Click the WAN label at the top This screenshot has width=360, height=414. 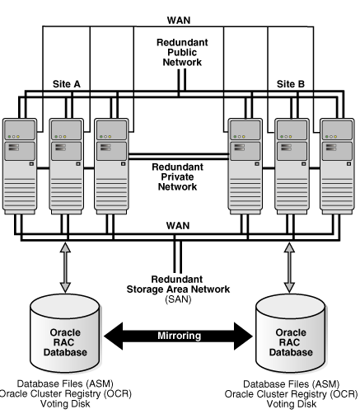(x=179, y=21)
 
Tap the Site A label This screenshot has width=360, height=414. (x=67, y=84)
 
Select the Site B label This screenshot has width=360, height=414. (x=291, y=84)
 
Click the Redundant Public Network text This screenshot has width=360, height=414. (x=182, y=52)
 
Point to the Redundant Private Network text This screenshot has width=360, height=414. (x=177, y=176)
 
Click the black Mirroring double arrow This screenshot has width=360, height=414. (x=179, y=336)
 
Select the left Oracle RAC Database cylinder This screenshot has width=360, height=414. (x=65, y=333)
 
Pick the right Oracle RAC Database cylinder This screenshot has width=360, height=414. (x=291, y=333)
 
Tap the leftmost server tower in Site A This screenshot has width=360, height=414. (x=20, y=167)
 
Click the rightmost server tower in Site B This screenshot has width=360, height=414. (x=337, y=167)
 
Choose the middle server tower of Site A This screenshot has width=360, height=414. (x=67, y=167)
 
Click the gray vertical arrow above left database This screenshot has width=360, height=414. (x=65, y=267)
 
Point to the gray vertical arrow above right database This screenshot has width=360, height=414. (x=289, y=267)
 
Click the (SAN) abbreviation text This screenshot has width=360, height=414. (x=178, y=299)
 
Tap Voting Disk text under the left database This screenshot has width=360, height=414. (x=65, y=403)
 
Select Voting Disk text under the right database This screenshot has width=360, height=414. (x=292, y=404)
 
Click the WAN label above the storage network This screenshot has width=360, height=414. (x=178, y=226)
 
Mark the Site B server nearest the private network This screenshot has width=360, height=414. (x=245, y=167)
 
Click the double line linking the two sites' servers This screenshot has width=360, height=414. (x=178, y=157)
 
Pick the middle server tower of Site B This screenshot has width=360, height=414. (x=292, y=167)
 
